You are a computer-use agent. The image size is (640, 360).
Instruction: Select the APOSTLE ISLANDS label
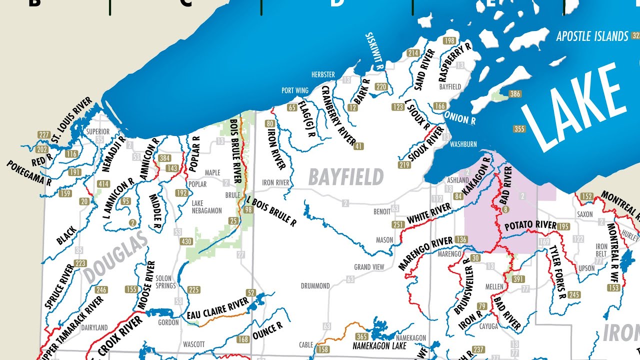592,36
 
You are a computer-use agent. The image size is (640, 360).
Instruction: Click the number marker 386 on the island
515,94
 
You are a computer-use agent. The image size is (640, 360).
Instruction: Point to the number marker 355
519,129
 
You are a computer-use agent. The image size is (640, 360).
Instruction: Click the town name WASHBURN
463,144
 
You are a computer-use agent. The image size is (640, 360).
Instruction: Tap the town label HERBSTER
323,74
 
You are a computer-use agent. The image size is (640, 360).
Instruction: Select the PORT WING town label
295,90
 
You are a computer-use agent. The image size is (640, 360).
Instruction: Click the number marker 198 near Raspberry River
449,40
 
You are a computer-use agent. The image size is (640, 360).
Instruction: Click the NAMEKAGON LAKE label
379,345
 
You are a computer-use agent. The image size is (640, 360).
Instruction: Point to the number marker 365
361,336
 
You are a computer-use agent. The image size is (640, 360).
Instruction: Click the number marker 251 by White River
398,224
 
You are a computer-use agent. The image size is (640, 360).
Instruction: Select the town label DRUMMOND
315,286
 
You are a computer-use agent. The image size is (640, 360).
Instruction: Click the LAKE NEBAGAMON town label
207,207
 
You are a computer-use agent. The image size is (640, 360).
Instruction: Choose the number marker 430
186,241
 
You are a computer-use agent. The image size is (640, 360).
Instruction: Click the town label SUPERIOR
98,132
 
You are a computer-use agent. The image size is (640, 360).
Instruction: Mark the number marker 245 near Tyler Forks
574,295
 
